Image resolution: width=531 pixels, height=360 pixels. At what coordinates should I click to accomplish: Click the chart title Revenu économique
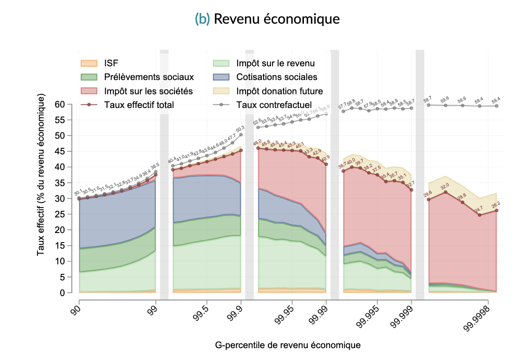point(276,19)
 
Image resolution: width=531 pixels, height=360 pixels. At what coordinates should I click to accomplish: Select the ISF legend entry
point(111,63)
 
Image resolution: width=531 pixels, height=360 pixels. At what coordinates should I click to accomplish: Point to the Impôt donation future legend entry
point(279,91)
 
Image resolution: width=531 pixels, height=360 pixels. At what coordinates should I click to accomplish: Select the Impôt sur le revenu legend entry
point(275,63)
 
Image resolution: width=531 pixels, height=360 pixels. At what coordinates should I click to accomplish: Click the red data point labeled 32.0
point(446,192)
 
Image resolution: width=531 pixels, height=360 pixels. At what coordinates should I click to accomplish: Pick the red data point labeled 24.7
point(480,215)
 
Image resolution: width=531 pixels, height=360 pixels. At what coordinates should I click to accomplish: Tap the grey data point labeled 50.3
point(241,134)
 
